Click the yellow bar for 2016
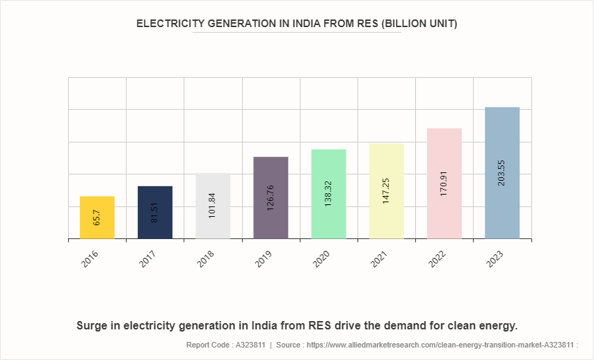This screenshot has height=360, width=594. (x=97, y=218)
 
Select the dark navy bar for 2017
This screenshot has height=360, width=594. (x=155, y=213)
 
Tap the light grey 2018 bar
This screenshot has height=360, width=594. (x=213, y=206)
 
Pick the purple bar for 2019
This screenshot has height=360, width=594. (x=271, y=197)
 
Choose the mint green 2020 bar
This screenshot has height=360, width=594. (x=328, y=194)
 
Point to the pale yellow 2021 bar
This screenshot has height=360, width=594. (x=386, y=191)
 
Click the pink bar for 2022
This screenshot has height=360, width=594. (x=444, y=183)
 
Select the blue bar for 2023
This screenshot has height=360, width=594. (x=502, y=173)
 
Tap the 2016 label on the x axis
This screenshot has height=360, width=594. (x=91, y=261)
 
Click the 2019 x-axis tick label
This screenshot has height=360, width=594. (x=264, y=261)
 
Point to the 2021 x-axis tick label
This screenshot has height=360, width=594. (x=380, y=261)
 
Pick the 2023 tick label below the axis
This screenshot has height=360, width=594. (x=495, y=261)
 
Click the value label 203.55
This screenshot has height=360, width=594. (x=502, y=170)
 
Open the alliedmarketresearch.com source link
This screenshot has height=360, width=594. (x=442, y=345)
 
